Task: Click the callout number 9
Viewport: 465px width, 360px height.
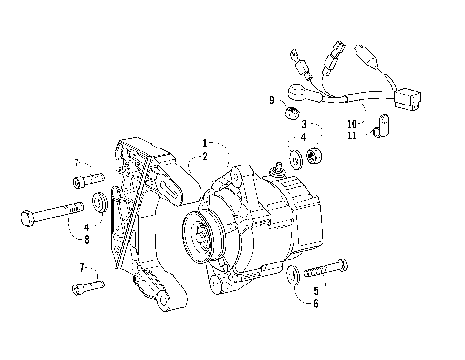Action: (x=272, y=100)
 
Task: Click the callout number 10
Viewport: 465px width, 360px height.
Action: (x=351, y=125)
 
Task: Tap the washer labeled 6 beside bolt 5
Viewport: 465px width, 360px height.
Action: (x=292, y=283)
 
